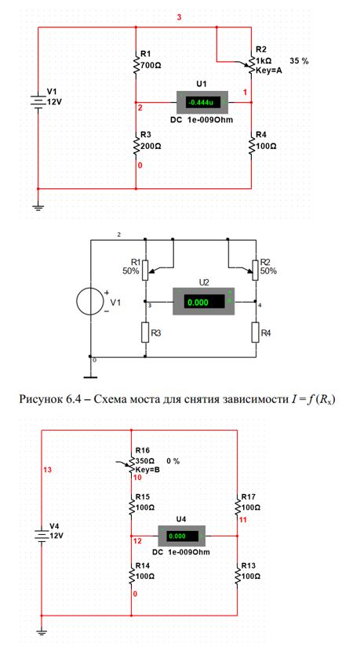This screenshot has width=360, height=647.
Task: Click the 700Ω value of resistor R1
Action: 151,66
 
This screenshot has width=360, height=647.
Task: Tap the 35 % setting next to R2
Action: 300,60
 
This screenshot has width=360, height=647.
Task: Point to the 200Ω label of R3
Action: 151,147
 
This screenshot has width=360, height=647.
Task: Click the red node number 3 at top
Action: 178,18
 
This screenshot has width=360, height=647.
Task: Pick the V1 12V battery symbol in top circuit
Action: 38,101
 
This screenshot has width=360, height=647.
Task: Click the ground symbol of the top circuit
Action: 38,207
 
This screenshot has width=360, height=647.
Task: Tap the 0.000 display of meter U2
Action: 198,303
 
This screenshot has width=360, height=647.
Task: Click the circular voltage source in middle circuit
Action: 90,301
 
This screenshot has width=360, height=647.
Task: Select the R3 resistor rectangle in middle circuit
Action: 145,333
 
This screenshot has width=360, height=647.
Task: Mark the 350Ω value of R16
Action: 144,460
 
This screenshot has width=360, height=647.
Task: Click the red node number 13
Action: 48,470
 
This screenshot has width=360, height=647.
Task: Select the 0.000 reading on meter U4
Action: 177,536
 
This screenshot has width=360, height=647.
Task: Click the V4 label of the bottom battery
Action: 54,526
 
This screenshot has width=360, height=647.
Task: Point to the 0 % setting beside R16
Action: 173,461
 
